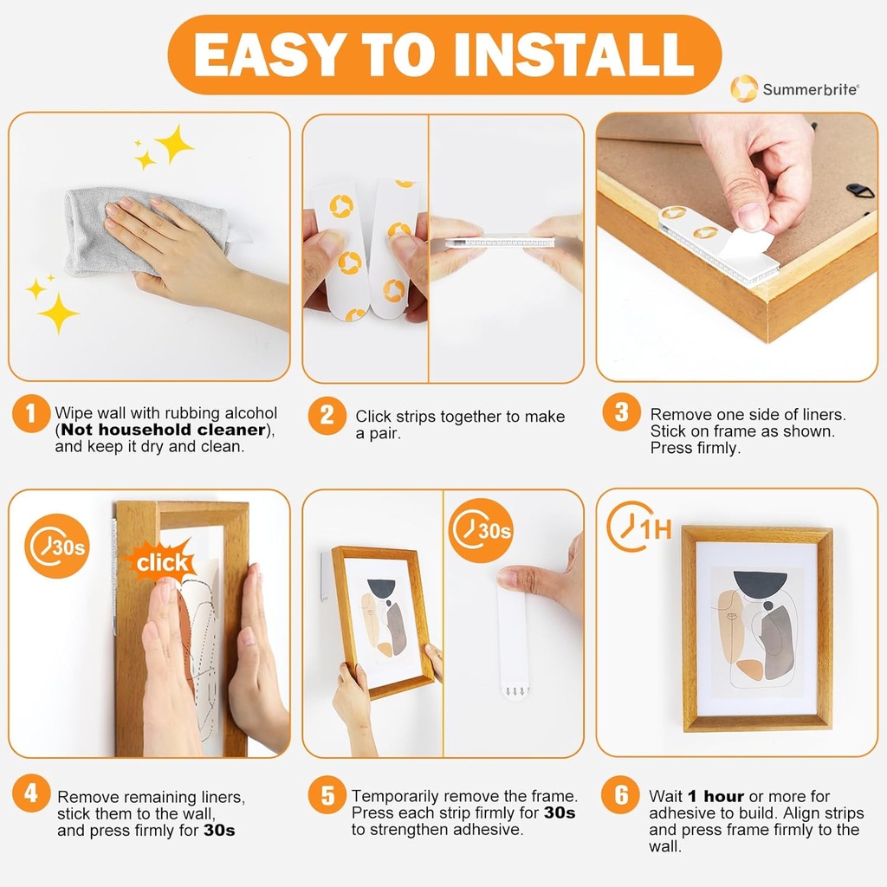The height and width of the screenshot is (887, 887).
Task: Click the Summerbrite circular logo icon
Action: pos(743,89)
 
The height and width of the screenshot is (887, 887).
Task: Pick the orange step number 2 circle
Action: pos(327,416)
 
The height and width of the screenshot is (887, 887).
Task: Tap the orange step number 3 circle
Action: pos(621,413)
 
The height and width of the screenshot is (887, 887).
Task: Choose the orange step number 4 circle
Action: pos(31,793)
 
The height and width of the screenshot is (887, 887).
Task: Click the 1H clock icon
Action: pos(638,528)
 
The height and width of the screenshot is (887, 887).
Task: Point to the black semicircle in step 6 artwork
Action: pos(759,583)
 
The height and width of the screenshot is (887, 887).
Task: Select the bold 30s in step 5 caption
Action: pos(560,813)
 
